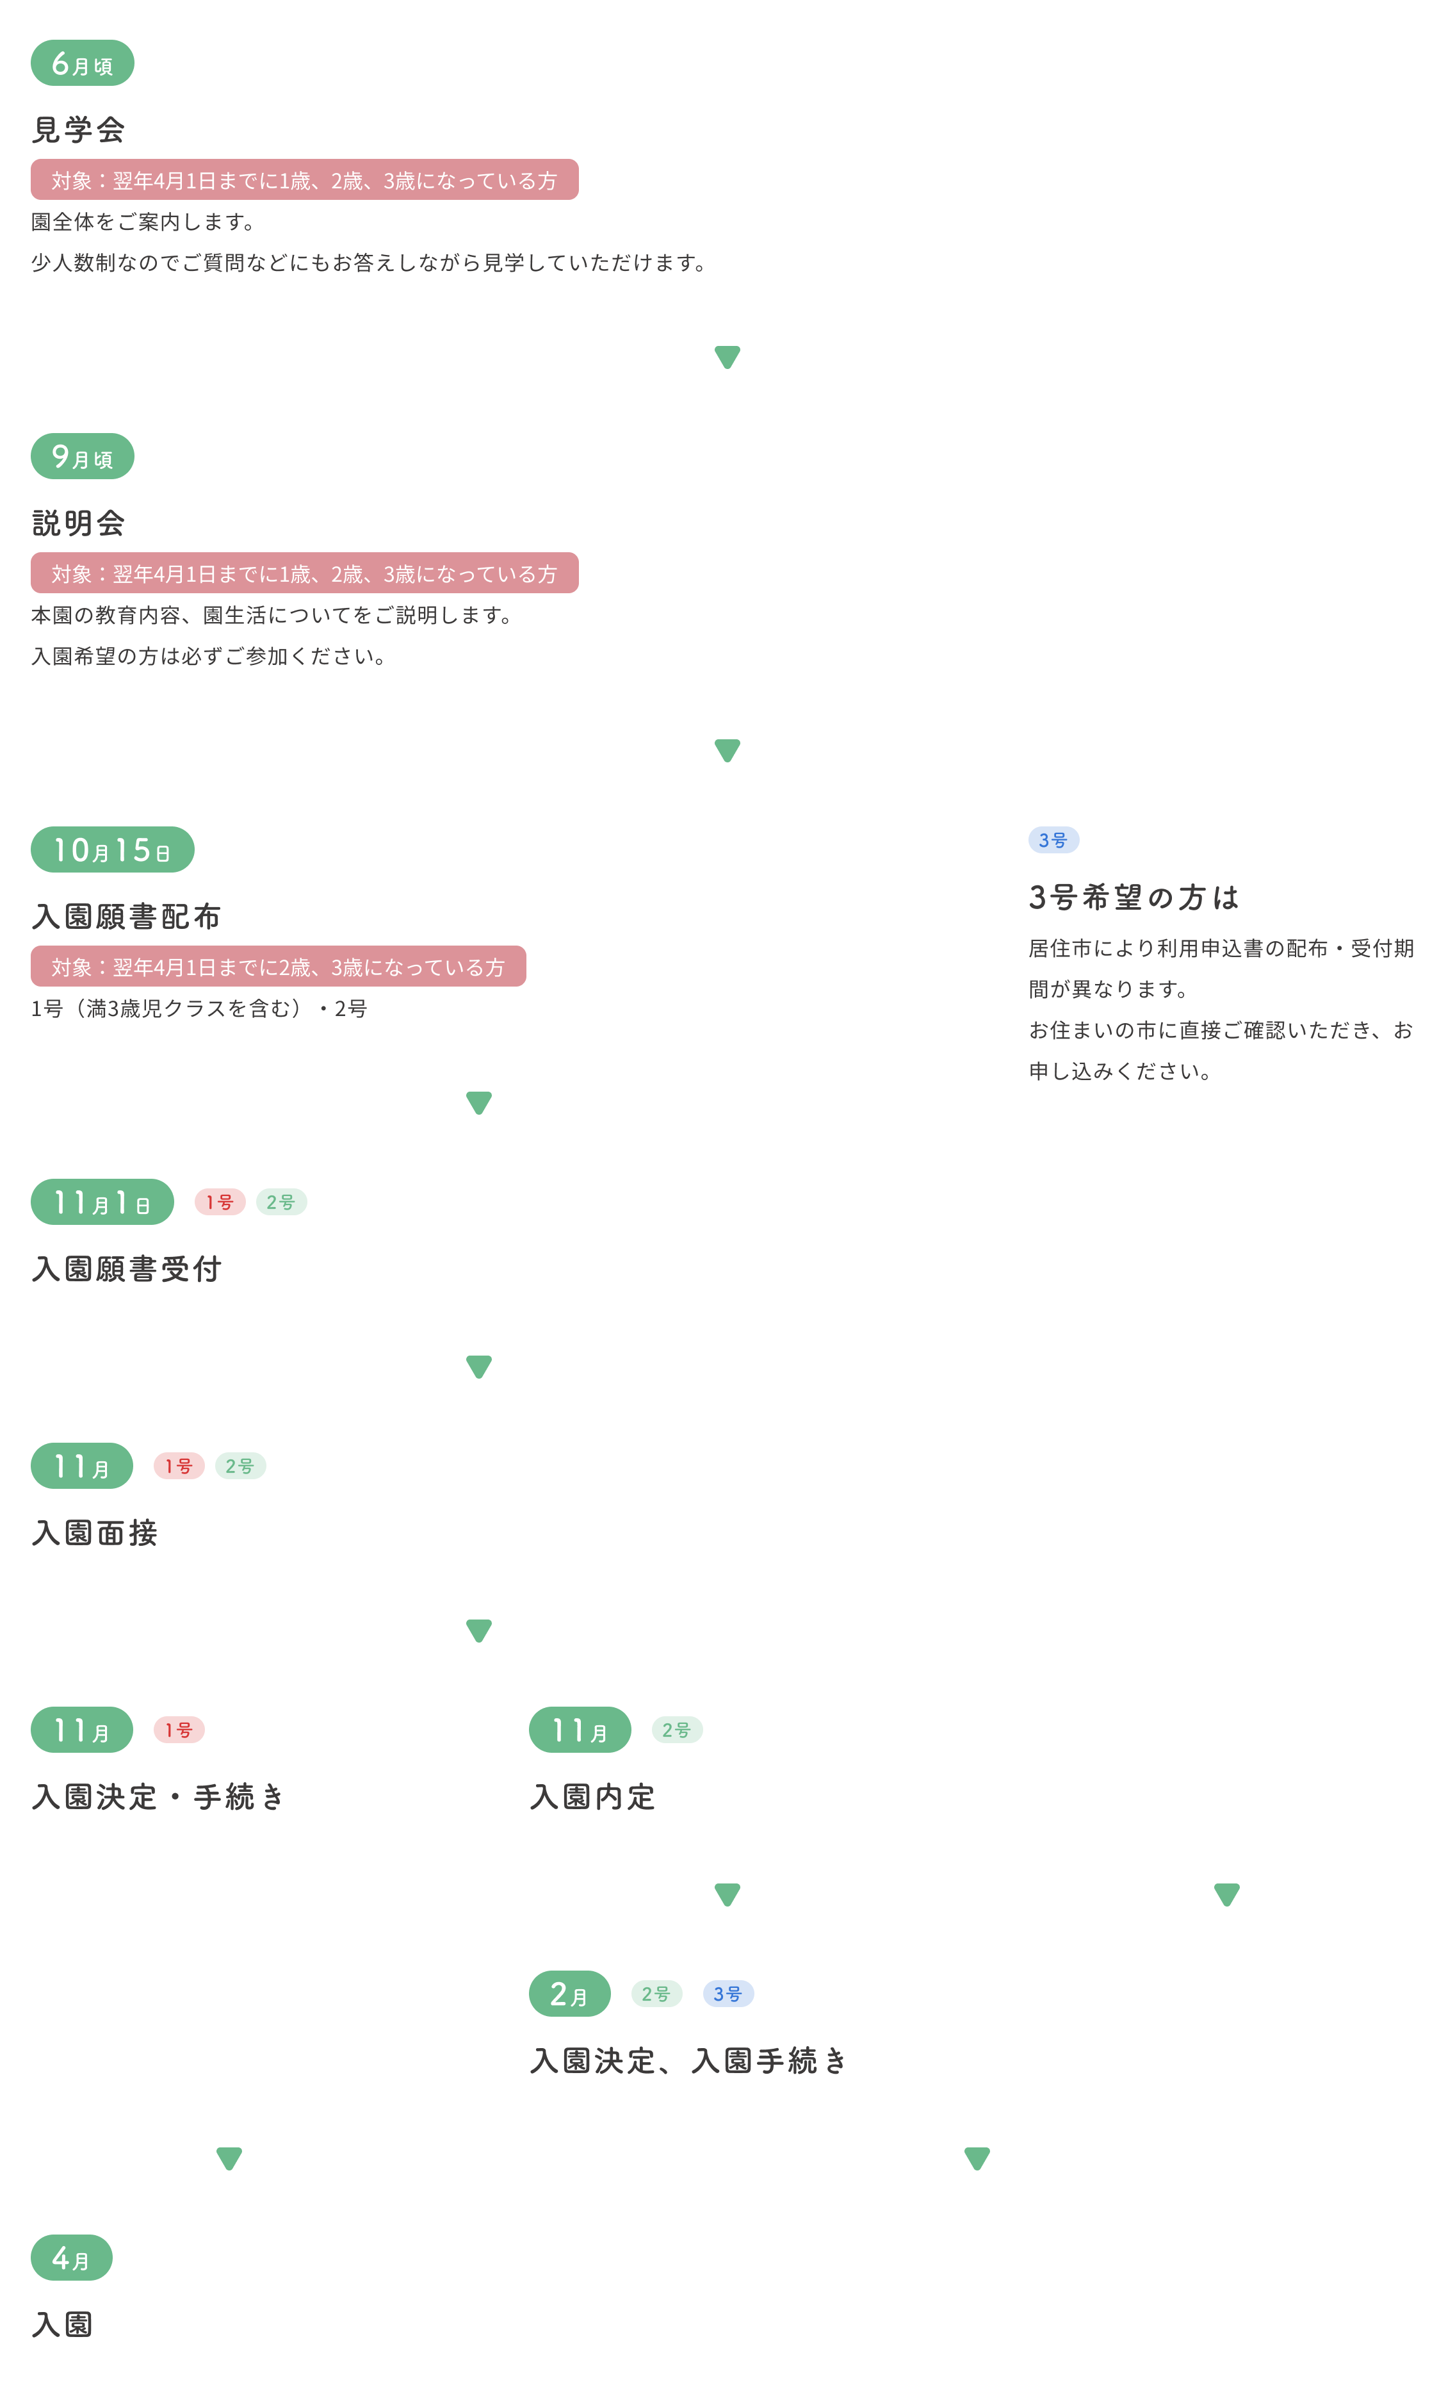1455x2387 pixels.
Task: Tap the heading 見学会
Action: [x=79, y=129]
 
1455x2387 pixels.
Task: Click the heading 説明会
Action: [x=79, y=523]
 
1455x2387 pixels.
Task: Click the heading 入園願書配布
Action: [x=127, y=917]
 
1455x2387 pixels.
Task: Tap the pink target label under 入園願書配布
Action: [x=278, y=967]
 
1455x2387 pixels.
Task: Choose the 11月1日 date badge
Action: [x=102, y=1203]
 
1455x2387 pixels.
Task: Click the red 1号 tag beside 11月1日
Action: [x=220, y=1202]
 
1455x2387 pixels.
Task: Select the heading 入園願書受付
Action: [x=127, y=1269]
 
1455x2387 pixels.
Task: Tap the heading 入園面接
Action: [x=95, y=1532]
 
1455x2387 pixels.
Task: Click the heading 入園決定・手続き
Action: [x=159, y=1797]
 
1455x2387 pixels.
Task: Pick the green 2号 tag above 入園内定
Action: [x=677, y=1730]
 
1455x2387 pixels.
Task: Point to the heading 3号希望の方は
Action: [x=1134, y=897]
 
